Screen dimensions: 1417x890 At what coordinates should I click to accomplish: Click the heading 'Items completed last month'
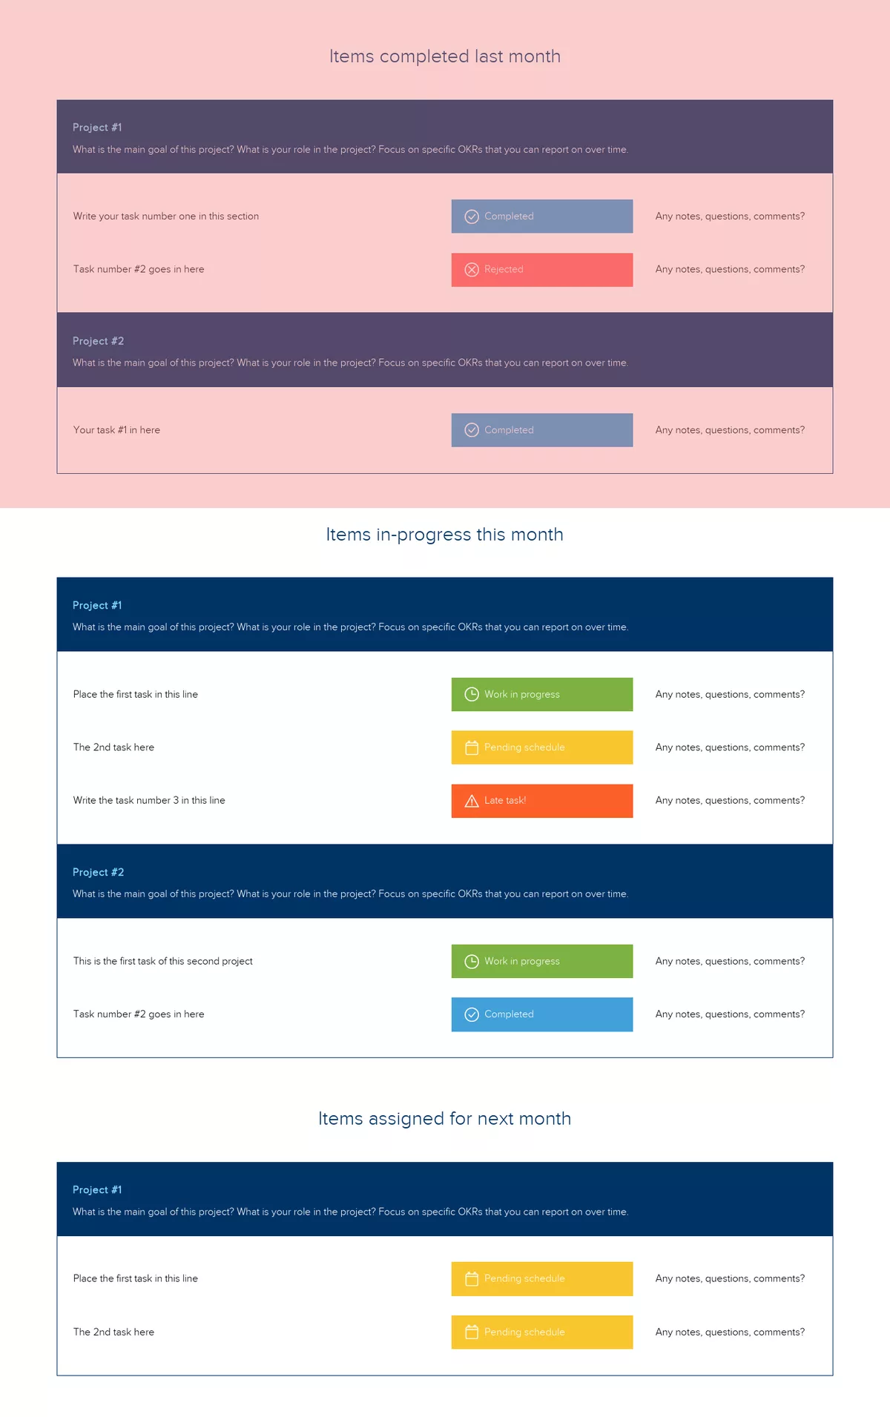(445, 56)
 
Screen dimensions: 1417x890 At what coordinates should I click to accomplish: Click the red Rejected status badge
(541, 270)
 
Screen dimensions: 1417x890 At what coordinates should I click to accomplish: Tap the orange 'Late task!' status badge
(541, 801)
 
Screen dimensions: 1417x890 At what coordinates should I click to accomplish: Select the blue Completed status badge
(541, 1014)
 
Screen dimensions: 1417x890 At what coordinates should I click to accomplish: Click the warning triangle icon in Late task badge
(472, 801)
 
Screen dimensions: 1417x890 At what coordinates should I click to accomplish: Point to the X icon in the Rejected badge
(472, 270)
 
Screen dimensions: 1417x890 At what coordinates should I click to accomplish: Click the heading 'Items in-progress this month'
(445, 535)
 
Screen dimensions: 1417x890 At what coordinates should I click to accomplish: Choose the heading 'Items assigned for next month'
(445, 1118)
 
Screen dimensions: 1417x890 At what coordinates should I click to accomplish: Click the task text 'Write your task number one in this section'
(166, 217)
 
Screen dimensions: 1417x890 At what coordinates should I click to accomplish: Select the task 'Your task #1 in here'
(116, 430)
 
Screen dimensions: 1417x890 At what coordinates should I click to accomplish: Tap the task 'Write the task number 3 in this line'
(149, 801)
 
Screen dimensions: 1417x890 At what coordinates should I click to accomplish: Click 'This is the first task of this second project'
(163, 961)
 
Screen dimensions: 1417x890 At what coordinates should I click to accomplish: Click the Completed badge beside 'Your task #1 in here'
(541, 430)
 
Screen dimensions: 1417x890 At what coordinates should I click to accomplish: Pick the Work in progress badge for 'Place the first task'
(541, 694)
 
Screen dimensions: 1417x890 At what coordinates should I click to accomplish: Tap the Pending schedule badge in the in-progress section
(541, 747)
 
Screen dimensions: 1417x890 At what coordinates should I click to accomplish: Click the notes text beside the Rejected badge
(730, 270)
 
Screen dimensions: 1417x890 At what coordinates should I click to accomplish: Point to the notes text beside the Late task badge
(730, 801)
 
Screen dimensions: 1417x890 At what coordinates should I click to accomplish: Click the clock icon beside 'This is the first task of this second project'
(472, 961)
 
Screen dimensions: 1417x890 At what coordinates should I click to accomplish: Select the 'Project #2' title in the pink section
(98, 341)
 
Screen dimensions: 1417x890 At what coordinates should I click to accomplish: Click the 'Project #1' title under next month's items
(97, 1189)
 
